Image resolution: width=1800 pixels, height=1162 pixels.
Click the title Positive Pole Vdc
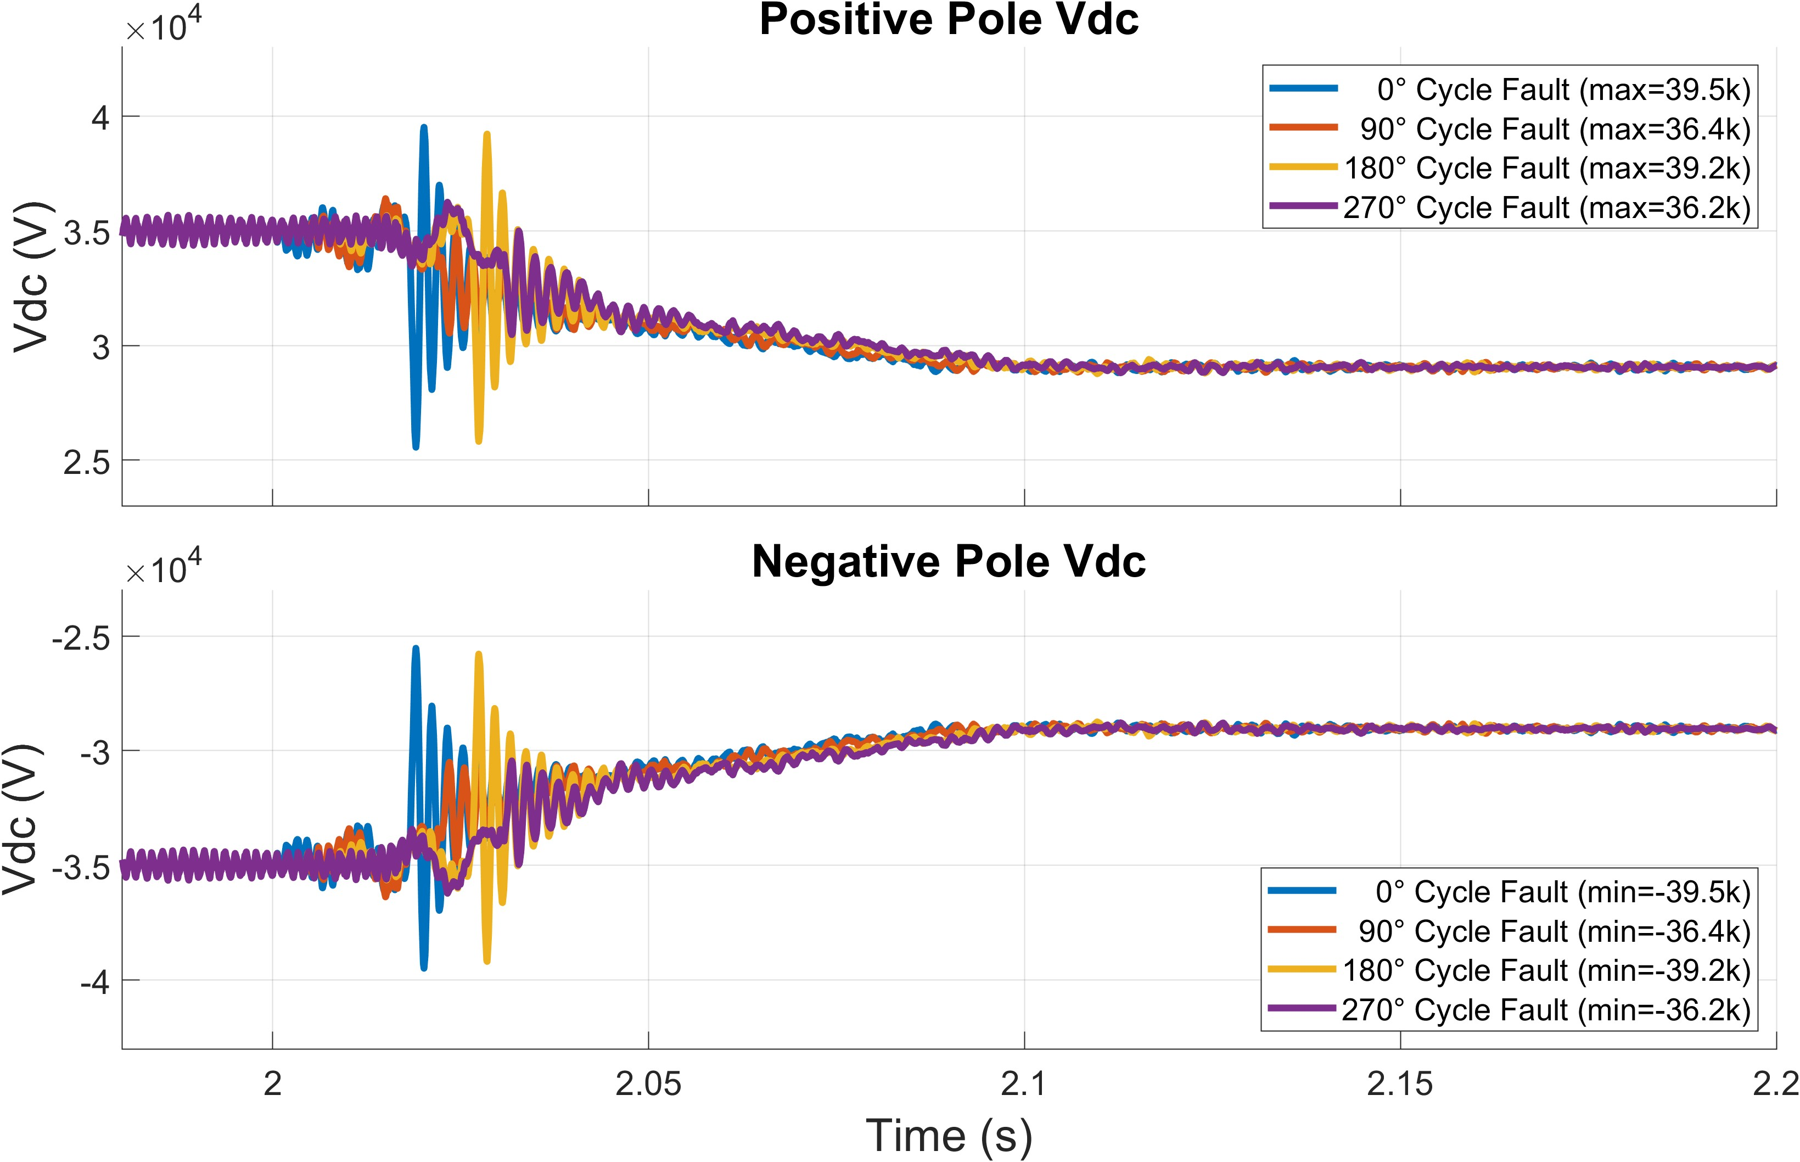pyautogui.click(x=949, y=20)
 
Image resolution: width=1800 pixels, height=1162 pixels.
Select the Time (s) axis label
pyautogui.click(x=949, y=1135)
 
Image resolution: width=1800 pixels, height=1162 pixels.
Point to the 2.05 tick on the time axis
pyautogui.click(x=648, y=1084)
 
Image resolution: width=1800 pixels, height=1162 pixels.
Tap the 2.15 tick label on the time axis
pyautogui.click(x=1400, y=1084)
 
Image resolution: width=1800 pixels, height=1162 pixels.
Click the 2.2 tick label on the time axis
pyautogui.click(x=1776, y=1084)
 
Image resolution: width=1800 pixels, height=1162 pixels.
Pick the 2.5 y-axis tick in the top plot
pyautogui.click(x=87, y=462)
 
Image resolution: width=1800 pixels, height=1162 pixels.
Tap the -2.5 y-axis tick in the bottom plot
pyautogui.click(x=81, y=638)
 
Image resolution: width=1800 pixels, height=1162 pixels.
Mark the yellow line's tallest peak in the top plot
pyautogui.click(x=487, y=135)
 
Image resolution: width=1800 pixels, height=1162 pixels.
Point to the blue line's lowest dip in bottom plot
pyautogui.click(x=424, y=968)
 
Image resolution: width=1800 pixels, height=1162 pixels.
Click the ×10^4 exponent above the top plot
pyautogui.click(x=164, y=29)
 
